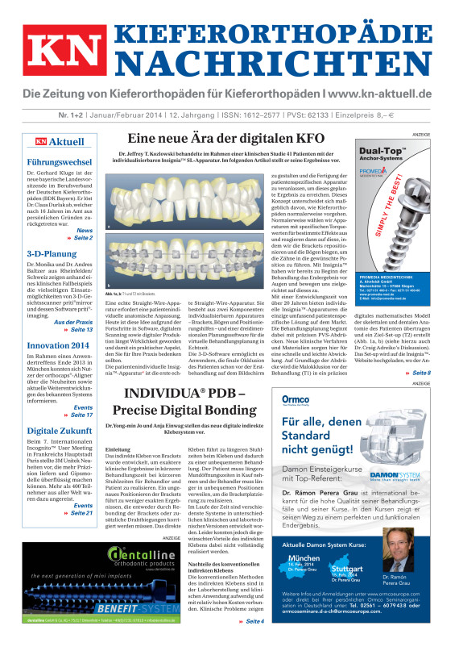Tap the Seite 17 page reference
click(x=81, y=415)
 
